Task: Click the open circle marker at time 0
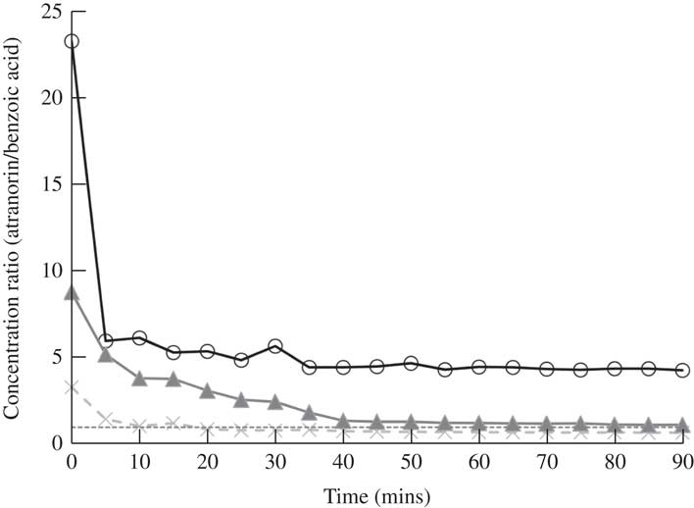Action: pyautogui.click(x=72, y=42)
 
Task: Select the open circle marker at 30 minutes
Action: pyautogui.click(x=275, y=346)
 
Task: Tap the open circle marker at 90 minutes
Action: pyautogui.click(x=683, y=371)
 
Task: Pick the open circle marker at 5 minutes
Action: pyautogui.click(x=106, y=341)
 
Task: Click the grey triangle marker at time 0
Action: pyautogui.click(x=72, y=292)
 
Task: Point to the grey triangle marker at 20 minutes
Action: pyautogui.click(x=208, y=390)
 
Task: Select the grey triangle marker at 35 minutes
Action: pyautogui.click(x=310, y=412)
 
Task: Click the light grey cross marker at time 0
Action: pyautogui.click(x=72, y=387)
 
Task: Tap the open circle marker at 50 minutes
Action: pyautogui.click(x=412, y=363)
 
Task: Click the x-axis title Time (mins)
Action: pyautogui.click(x=377, y=495)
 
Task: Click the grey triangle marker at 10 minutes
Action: pyautogui.click(x=140, y=378)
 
